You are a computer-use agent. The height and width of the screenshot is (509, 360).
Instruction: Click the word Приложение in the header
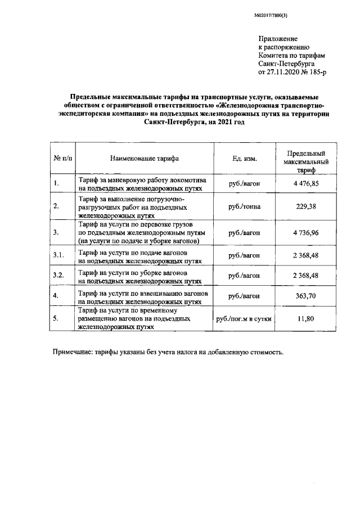(277, 38)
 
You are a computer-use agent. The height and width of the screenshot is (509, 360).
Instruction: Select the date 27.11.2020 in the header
(283, 73)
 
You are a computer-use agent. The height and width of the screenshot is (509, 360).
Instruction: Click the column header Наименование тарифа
(144, 158)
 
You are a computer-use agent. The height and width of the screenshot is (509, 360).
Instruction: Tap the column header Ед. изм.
(244, 158)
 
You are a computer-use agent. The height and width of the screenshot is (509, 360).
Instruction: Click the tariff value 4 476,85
(306, 183)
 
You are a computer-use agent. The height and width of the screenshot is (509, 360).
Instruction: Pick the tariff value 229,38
(306, 206)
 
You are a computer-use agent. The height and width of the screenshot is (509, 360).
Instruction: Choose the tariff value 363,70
(306, 295)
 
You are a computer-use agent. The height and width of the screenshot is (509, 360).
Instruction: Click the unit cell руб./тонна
(244, 206)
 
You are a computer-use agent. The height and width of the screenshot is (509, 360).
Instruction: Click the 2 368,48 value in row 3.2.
(306, 276)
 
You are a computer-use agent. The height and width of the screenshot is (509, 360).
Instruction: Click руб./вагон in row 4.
(244, 295)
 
